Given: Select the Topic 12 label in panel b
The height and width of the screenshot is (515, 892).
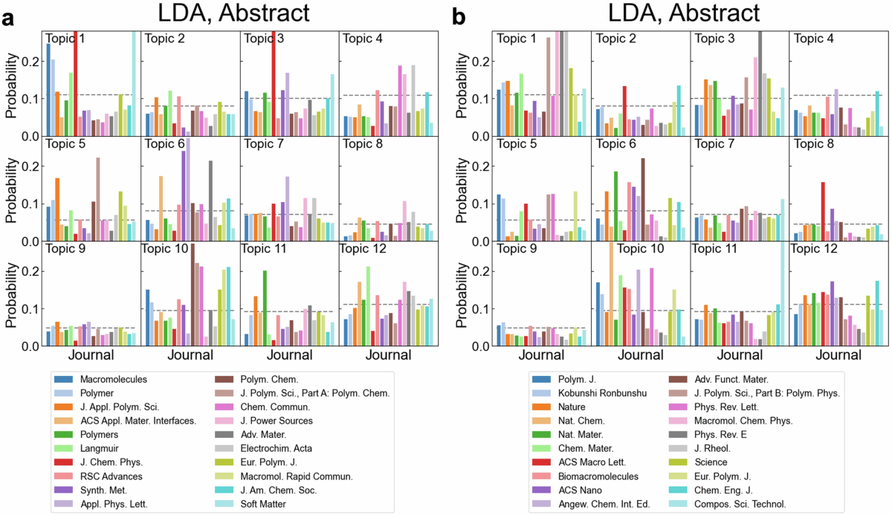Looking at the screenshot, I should click(x=813, y=249).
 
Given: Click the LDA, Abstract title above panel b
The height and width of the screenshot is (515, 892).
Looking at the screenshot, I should click(x=684, y=13).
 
